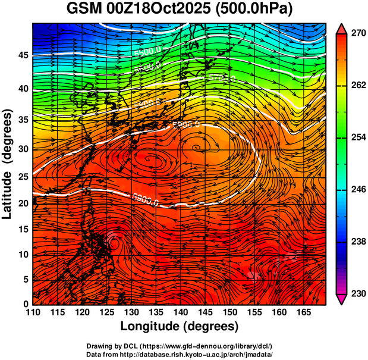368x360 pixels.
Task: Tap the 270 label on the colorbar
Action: click(357, 34)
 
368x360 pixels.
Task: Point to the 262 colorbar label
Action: click(357, 86)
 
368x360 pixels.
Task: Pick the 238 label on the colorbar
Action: click(357, 242)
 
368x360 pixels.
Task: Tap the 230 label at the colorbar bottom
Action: click(357, 293)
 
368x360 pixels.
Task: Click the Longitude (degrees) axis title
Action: click(180, 326)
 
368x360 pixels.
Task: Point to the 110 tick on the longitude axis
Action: click(33, 312)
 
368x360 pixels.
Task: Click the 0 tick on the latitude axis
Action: click(26, 304)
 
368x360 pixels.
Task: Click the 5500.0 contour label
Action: click(147, 52)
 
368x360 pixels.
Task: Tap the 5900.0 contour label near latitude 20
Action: click(145, 199)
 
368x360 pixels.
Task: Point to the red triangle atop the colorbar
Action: click(342, 29)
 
